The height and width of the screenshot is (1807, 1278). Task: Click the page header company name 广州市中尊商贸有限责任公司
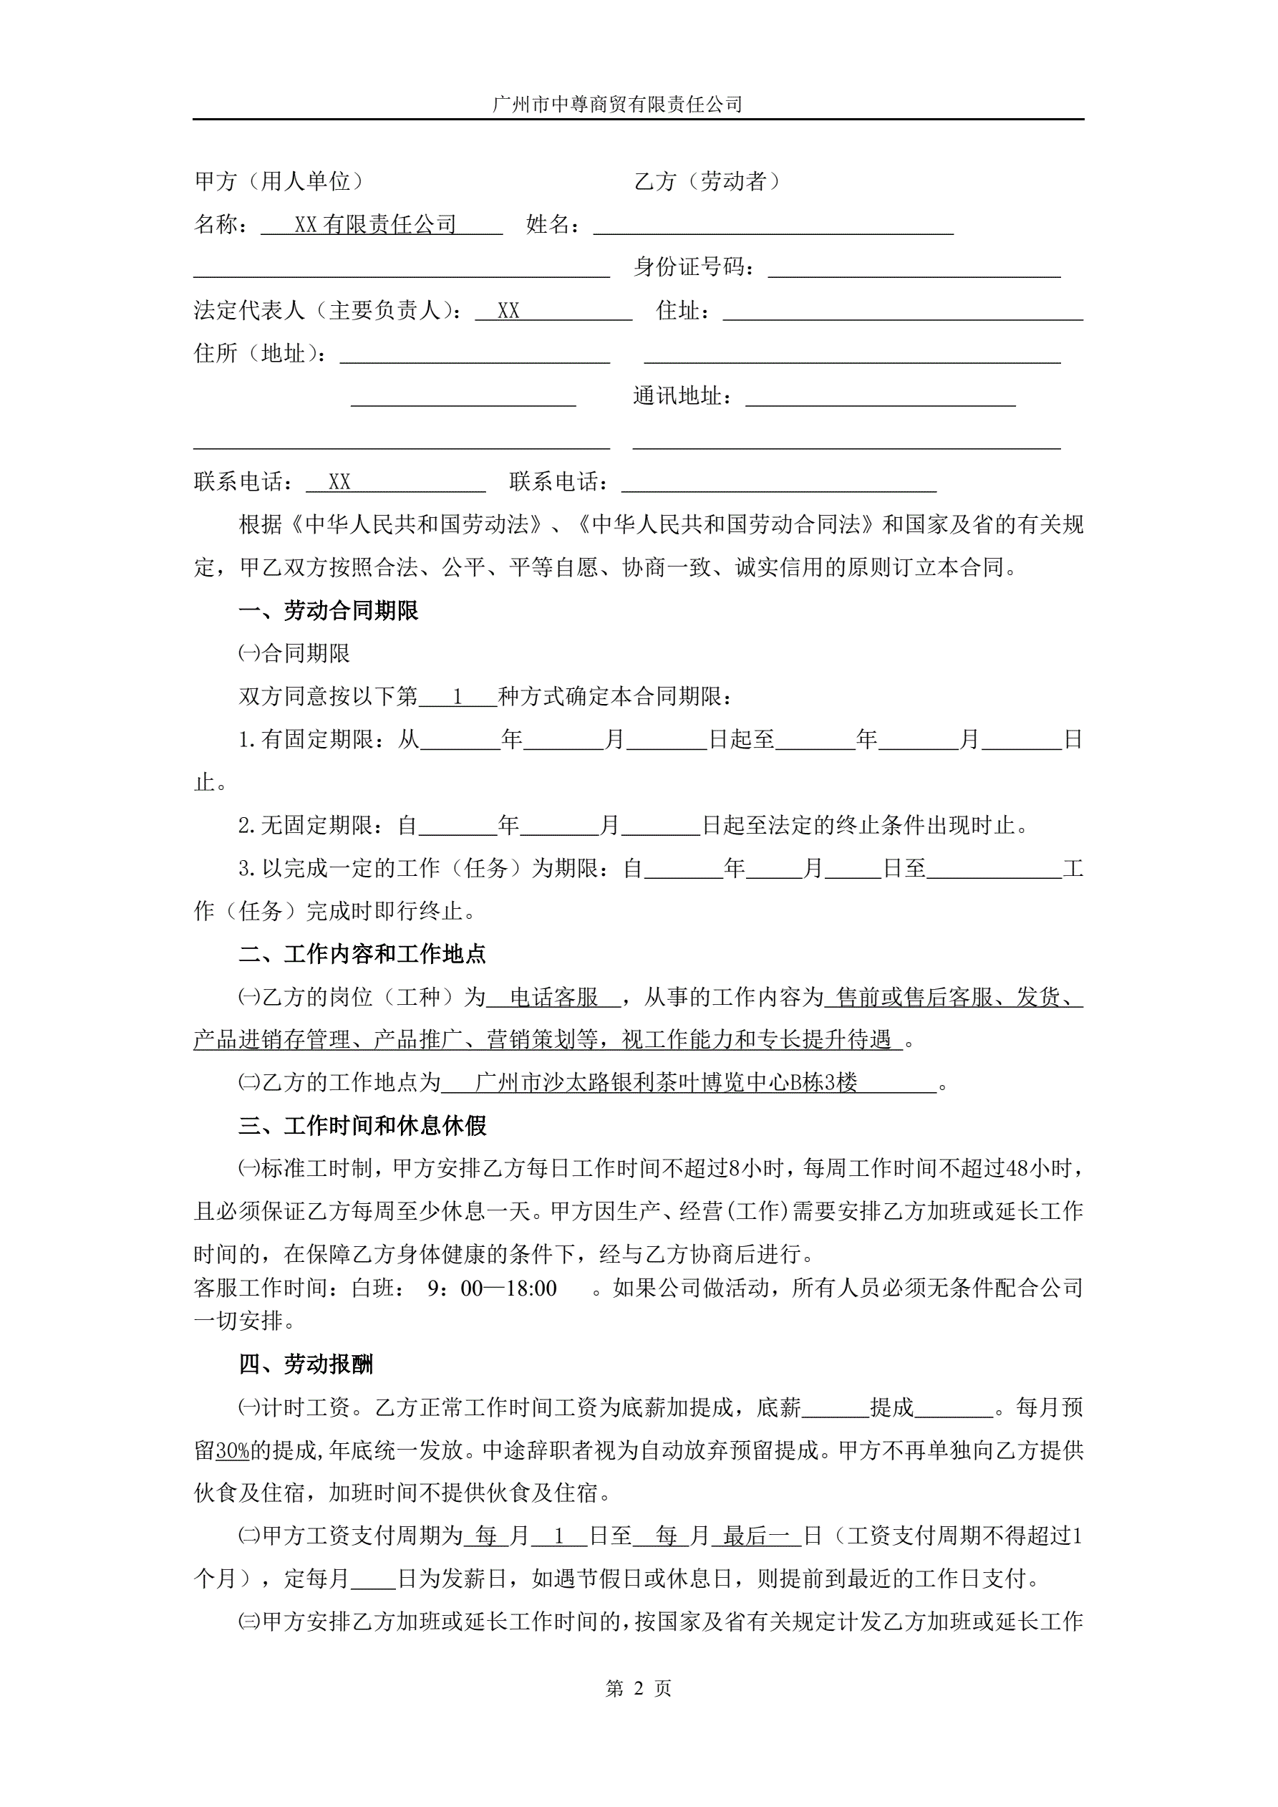(x=617, y=104)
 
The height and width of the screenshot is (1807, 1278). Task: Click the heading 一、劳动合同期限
(x=328, y=610)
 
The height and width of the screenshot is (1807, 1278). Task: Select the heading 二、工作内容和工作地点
(x=362, y=954)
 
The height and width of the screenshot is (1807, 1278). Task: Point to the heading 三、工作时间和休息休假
(x=362, y=1125)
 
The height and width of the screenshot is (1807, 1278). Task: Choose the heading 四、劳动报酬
(x=306, y=1364)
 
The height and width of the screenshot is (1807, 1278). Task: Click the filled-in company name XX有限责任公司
(x=375, y=225)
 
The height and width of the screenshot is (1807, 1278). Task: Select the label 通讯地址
(x=682, y=396)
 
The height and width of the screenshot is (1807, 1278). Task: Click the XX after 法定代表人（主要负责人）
(x=508, y=311)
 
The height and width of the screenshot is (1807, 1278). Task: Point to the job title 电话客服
(x=554, y=997)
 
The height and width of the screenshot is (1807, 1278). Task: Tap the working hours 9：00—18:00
(x=492, y=1288)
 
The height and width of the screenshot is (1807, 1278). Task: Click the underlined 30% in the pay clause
(x=232, y=1450)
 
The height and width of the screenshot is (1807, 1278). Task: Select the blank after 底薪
(x=834, y=1407)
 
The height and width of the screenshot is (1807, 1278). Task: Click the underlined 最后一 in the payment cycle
(x=755, y=1536)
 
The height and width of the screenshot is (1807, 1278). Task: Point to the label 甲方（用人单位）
(x=279, y=182)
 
